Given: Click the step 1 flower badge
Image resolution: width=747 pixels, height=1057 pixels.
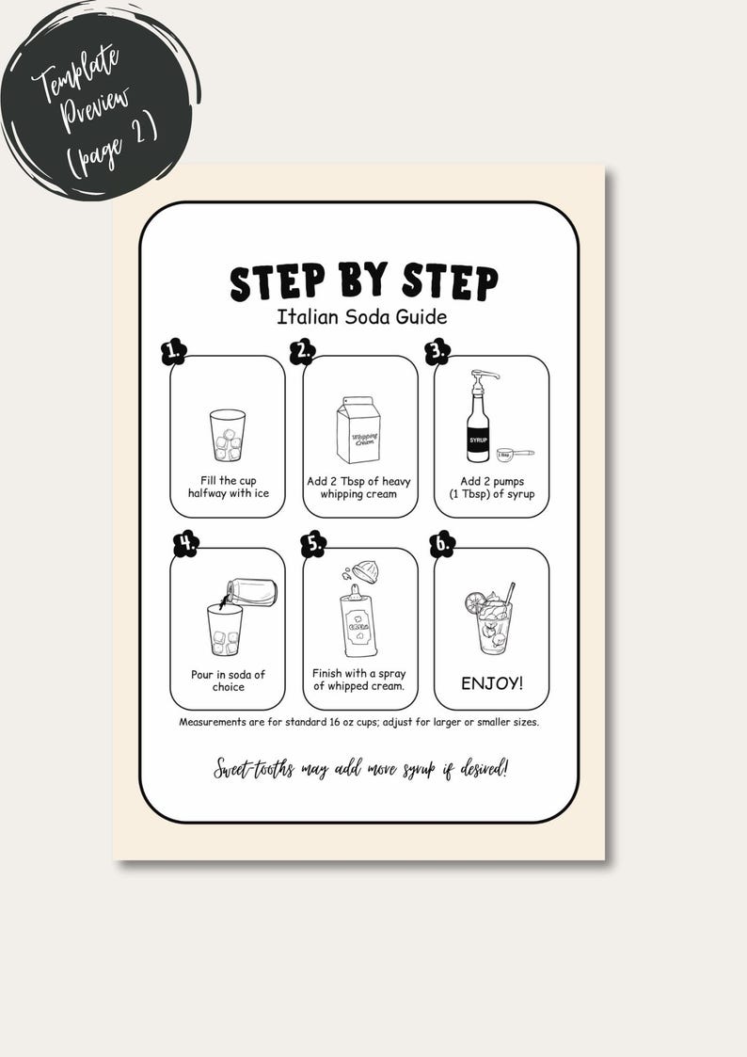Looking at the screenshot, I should coord(173,352).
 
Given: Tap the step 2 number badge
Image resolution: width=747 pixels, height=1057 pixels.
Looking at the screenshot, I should coord(302,352).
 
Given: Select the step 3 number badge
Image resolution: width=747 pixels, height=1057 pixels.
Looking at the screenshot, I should coord(437,352).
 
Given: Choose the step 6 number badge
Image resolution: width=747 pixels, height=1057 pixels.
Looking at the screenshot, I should coord(442,544).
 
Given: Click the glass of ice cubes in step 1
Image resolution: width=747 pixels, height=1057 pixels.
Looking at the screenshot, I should coord(227,435).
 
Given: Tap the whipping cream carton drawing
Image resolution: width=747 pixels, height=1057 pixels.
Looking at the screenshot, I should coord(358,430).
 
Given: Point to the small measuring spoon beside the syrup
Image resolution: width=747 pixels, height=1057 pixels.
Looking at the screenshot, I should coord(514,454).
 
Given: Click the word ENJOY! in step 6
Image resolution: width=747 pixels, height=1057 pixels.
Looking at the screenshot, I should coord(491,683).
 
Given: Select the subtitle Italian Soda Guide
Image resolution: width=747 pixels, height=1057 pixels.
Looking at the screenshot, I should coord(361,317).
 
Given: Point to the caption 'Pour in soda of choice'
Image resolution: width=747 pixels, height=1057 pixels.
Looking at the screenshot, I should coord(228,681).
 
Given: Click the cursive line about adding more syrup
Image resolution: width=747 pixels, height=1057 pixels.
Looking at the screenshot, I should coord(360,768).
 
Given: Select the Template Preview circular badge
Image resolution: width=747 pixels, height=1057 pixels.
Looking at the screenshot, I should coord(96,100).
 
